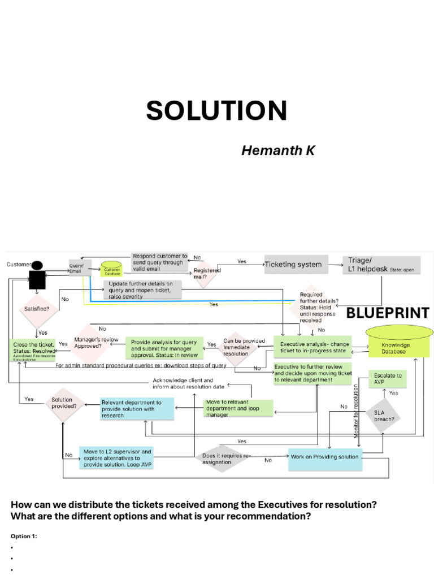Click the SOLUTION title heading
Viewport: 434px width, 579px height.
click(x=216, y=110)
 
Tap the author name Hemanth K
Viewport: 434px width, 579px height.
click(x=278, y=150)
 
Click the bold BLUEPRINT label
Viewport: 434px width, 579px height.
click(x=387, y=313)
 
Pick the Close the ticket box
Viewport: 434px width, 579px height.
click(x=34, y=346)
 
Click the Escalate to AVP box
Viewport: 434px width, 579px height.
click(x=387, y=378)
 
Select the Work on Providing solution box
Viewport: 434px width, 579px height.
click(x=324, y=457)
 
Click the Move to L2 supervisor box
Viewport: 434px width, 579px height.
click(x=116, y=458)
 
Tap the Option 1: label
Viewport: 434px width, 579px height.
click(x=24, y=536)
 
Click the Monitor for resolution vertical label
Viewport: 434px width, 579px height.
click(x=355, y=409)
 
